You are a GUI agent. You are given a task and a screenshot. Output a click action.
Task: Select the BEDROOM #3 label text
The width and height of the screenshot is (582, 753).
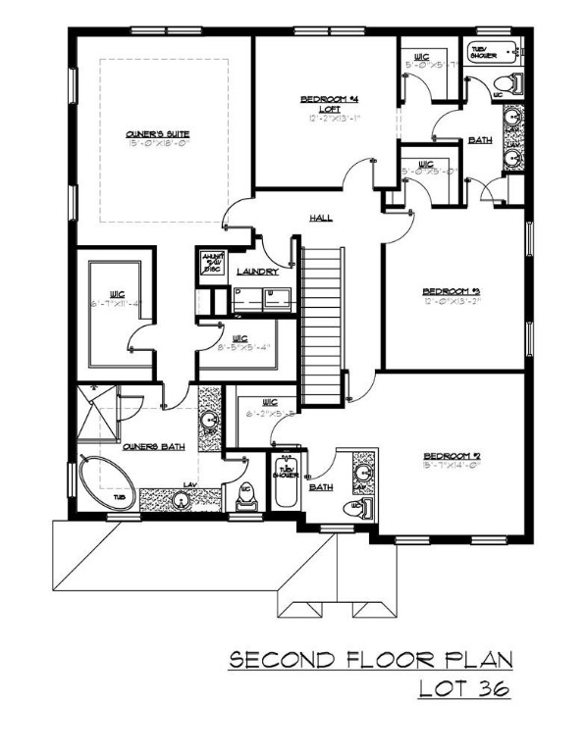tap(450, 291)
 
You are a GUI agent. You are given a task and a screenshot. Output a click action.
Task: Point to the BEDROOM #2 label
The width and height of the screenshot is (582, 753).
tap(450, 456)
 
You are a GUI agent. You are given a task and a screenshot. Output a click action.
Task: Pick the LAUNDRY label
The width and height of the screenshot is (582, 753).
tap(257, 273)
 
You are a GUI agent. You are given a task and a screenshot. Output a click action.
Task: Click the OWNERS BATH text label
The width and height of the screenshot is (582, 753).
tap(154, 447)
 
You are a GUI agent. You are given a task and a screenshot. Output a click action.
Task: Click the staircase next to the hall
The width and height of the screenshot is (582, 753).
tap(319, 324)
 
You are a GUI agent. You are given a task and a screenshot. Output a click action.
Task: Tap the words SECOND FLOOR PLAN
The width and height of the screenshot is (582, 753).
tap(370, 660)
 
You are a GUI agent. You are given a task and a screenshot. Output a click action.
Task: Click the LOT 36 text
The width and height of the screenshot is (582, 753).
tap(462, 689)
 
